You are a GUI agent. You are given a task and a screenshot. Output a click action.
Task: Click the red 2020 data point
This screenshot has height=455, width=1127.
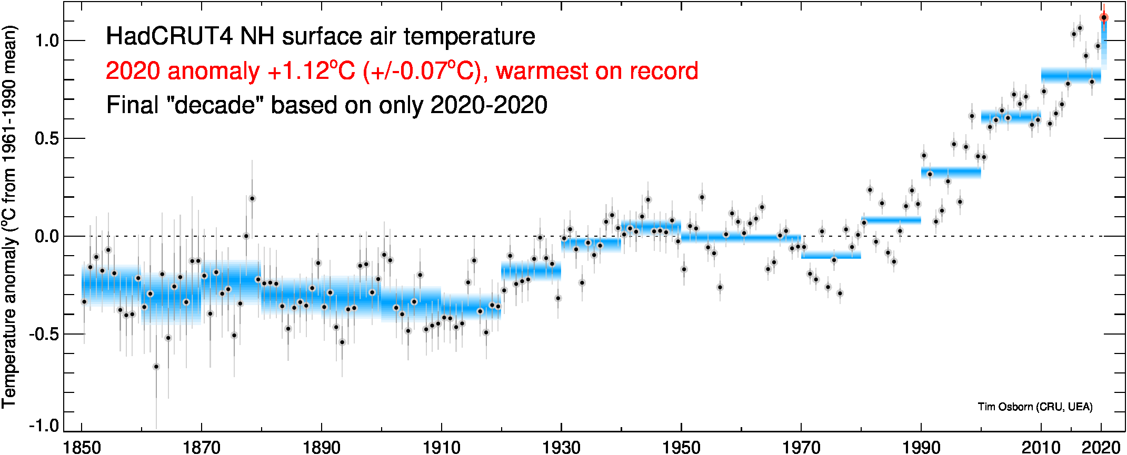point(1104,17)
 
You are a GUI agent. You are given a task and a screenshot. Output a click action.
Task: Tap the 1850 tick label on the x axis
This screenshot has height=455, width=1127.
point(82,447)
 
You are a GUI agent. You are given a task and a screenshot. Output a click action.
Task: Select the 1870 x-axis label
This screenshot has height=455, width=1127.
point(201,447)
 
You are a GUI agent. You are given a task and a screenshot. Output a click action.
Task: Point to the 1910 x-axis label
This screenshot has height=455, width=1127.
point(441,447)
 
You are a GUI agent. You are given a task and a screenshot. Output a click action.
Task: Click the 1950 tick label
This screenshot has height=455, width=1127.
point(681,447)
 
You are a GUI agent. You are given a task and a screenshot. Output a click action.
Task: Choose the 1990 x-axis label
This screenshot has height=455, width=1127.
point(921,447)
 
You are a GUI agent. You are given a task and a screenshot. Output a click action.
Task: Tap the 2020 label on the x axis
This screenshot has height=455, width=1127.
point(1100,447)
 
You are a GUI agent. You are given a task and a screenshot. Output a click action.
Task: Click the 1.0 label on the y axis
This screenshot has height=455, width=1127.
point(46,41)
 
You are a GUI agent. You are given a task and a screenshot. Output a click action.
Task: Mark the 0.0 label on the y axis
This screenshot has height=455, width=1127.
point(46,236)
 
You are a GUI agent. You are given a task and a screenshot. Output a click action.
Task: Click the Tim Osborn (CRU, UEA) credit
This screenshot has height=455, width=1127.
point(1035,407)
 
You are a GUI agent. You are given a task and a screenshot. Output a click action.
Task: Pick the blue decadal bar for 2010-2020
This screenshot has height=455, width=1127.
point(1071,76)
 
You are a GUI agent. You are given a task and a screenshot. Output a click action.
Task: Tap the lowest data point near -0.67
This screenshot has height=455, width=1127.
point(156,367)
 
